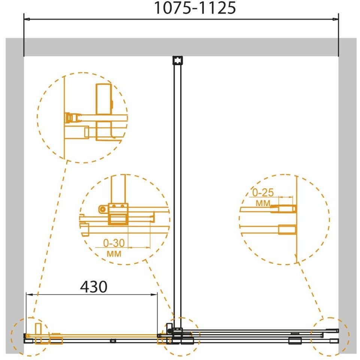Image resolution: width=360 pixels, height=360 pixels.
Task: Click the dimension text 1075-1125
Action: (195, 8)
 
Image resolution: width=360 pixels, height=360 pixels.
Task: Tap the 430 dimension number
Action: (94, 287)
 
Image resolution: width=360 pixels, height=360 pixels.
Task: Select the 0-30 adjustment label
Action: (114, 243)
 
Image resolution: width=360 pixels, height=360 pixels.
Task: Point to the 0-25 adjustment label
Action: (263, 193)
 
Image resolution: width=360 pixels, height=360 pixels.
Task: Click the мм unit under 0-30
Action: (114, 254)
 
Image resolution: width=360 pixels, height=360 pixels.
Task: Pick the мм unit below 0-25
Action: (263, 203)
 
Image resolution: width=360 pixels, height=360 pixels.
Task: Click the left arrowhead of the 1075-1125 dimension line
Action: (27, 19)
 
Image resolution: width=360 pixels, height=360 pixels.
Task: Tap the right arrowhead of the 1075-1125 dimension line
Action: (335, 19)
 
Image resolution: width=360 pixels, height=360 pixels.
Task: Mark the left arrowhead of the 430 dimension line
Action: (29, 294)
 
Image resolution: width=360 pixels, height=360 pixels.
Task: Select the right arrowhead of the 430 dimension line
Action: (154, 294)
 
